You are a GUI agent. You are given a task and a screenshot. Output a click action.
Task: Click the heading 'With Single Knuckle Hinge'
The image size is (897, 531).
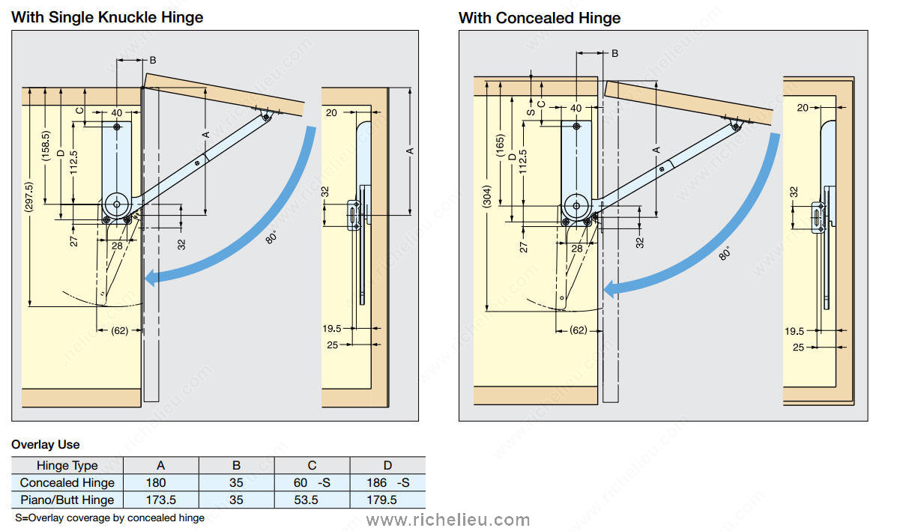[107, 16]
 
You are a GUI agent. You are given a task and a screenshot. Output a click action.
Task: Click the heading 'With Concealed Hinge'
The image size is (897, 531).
[540, 17]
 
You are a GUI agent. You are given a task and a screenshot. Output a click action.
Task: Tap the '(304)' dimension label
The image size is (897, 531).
[486, 197]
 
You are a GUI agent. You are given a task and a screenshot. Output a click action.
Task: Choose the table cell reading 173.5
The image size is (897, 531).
[160, 500]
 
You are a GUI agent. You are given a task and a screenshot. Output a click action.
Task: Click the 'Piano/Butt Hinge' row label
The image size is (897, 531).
[67, 500]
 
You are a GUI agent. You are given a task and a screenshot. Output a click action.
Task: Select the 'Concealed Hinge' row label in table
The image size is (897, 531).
[67, 482]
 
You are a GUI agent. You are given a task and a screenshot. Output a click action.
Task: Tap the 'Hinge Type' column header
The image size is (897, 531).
[67, 465]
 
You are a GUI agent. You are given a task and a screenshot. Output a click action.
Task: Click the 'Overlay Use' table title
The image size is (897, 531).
[45, 445]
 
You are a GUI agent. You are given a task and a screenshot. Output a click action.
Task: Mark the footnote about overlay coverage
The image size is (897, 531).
[109, 518]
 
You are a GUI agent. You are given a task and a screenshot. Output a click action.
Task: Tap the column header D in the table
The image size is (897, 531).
[387, 465]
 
